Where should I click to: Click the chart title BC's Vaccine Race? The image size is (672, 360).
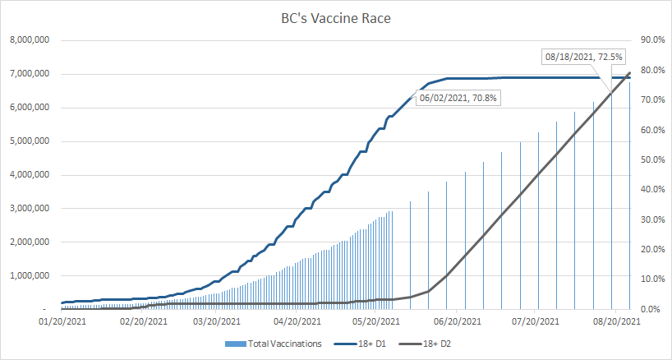point(335,18)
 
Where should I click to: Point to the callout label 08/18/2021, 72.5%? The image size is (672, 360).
point(584,57)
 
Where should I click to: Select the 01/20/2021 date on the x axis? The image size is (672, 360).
point(62,321)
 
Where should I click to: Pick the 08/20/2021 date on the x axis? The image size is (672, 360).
point(616,321)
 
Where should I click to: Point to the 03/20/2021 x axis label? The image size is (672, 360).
point(217,321)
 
